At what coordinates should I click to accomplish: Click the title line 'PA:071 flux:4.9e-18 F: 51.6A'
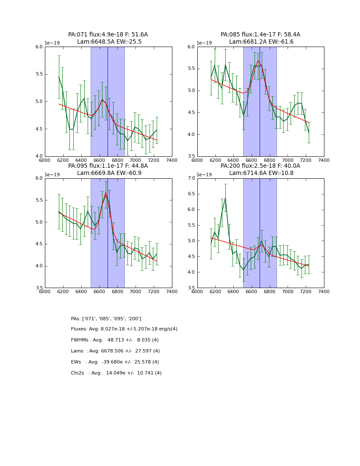point(108,35)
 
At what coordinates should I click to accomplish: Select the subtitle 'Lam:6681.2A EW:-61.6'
point(261,42)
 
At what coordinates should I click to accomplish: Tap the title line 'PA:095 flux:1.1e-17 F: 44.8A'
point(108,166)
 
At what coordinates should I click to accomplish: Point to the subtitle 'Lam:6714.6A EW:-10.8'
point(261,173)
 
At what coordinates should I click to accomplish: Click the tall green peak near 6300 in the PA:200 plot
point(225,198)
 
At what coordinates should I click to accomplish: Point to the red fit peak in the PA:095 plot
point(106,193)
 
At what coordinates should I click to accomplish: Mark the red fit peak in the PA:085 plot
point(258,60)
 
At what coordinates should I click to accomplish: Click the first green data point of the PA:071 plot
point(59,77)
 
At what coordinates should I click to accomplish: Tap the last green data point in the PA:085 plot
point(309,133)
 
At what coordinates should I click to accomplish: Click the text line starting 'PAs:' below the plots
point(106,319)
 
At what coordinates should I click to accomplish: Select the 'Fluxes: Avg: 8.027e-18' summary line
point(124,329)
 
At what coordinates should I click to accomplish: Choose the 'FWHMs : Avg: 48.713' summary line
point(115,340)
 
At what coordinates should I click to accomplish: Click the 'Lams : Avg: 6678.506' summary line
point(115,351)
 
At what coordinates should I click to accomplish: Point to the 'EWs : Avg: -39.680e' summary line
point(115,362)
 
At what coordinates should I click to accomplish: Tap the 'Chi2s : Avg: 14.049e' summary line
point(116,373)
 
